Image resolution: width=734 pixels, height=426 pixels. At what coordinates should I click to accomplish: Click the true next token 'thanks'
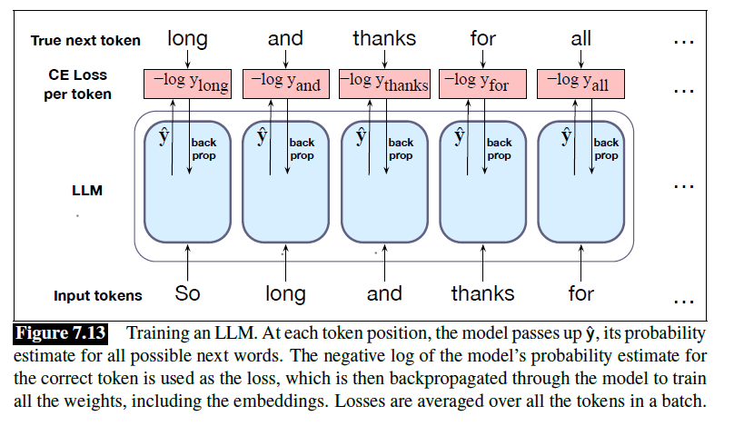pyautogui.click(x=384, y=38)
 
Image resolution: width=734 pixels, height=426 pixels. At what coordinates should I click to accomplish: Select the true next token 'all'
pyautogui.click(x=581, y=38)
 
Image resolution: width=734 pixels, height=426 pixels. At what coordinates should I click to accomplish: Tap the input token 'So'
pyautogui.click(x=187, y=293)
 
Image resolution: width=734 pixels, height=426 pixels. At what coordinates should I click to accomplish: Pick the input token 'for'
pyautogui.click(x=581, y=293)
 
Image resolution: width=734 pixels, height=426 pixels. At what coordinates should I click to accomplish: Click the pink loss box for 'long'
pyautogui.click(x=187, y=84)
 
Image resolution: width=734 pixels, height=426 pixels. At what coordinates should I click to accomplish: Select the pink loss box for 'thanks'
pyautogui.click(x=384, y=84)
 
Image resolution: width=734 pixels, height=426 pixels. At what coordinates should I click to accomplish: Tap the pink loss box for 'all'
pyautogui.click(x=581, y=84)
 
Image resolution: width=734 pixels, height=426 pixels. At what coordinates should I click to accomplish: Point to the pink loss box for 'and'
pyautogui.click(x=285, y=84)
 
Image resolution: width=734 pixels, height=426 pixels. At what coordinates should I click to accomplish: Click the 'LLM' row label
pyautogui.click(x=85, y=192)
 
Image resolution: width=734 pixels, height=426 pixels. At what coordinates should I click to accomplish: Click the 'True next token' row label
pyautogui.click(x=85, y=40)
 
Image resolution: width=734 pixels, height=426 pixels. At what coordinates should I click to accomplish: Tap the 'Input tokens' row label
pyautogui.click(x=98, y=295)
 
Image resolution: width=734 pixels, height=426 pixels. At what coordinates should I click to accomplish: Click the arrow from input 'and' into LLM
pyautogui.click(x=384, y=263)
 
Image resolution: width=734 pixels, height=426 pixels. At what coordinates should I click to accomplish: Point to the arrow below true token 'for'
pyautogui.click(x=482, y=58)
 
